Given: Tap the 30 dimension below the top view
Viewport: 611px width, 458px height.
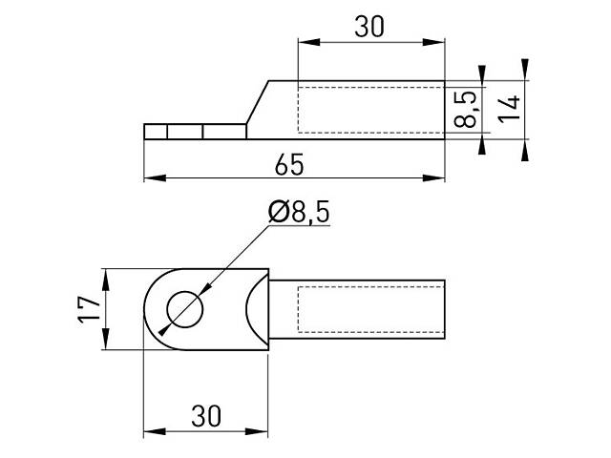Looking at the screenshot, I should (205, 417).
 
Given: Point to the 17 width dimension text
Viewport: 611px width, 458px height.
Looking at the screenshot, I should (89, 309).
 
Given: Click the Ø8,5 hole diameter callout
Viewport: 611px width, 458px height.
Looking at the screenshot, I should (299, 214).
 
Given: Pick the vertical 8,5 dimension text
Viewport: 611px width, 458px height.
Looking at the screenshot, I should (466, 109).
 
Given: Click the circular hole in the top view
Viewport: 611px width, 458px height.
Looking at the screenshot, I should (185, 309).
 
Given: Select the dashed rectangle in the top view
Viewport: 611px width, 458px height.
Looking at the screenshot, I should (371, 310).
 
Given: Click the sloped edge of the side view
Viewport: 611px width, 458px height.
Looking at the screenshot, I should (259, 102).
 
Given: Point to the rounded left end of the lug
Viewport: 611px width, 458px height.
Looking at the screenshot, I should (150, 309).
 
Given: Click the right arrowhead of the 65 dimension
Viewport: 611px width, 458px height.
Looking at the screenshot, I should (441, 177).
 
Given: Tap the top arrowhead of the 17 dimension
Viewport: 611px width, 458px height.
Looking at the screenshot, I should (107, 275).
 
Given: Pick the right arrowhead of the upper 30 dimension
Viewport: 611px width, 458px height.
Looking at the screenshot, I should (441, 41).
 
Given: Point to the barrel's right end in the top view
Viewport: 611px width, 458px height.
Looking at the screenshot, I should (446, 310).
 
